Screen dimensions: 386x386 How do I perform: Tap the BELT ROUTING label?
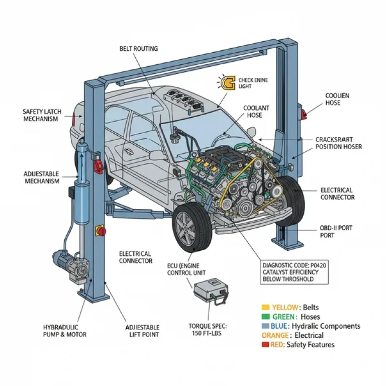click(x=139, y=49)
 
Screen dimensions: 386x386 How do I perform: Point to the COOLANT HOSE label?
click(x=256, y=112)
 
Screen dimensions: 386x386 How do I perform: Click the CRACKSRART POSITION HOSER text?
click(x=338, y=143)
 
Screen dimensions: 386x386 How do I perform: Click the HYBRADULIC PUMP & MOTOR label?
click(x=64, y=331)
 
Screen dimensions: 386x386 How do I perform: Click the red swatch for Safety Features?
click(x=265, y=345)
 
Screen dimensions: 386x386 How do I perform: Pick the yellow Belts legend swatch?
click(x=265, y=308)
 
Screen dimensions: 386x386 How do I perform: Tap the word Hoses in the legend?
click(x=310, y=317)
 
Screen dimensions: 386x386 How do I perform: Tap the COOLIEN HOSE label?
click(x=337, y=99)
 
